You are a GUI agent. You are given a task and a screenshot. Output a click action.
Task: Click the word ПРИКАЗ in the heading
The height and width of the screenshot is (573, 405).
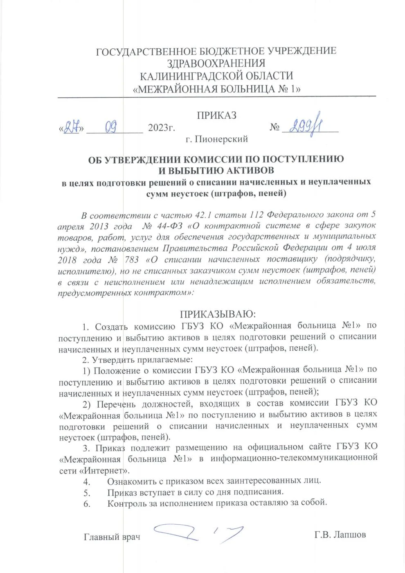click(x=216, y=116)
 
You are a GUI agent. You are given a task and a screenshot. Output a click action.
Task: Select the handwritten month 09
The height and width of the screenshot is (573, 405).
click(x=111, y=128)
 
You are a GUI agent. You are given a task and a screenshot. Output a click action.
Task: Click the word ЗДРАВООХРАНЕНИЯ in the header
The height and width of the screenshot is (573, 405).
click(x=216, y=63)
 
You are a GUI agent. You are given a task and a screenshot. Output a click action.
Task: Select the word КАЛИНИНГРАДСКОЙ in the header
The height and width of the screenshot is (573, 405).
click(x=197, y=76)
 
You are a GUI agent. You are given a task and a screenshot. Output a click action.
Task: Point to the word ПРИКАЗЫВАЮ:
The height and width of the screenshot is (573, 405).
click(x=217, y=314)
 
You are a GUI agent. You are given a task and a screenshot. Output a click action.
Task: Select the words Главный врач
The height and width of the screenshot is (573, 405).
click(x=112, y=536)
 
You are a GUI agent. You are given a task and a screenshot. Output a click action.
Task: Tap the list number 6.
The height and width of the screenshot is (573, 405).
click(x=86, y=503)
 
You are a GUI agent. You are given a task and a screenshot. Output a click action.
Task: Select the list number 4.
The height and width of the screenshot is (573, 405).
click(x=86, y=481)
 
